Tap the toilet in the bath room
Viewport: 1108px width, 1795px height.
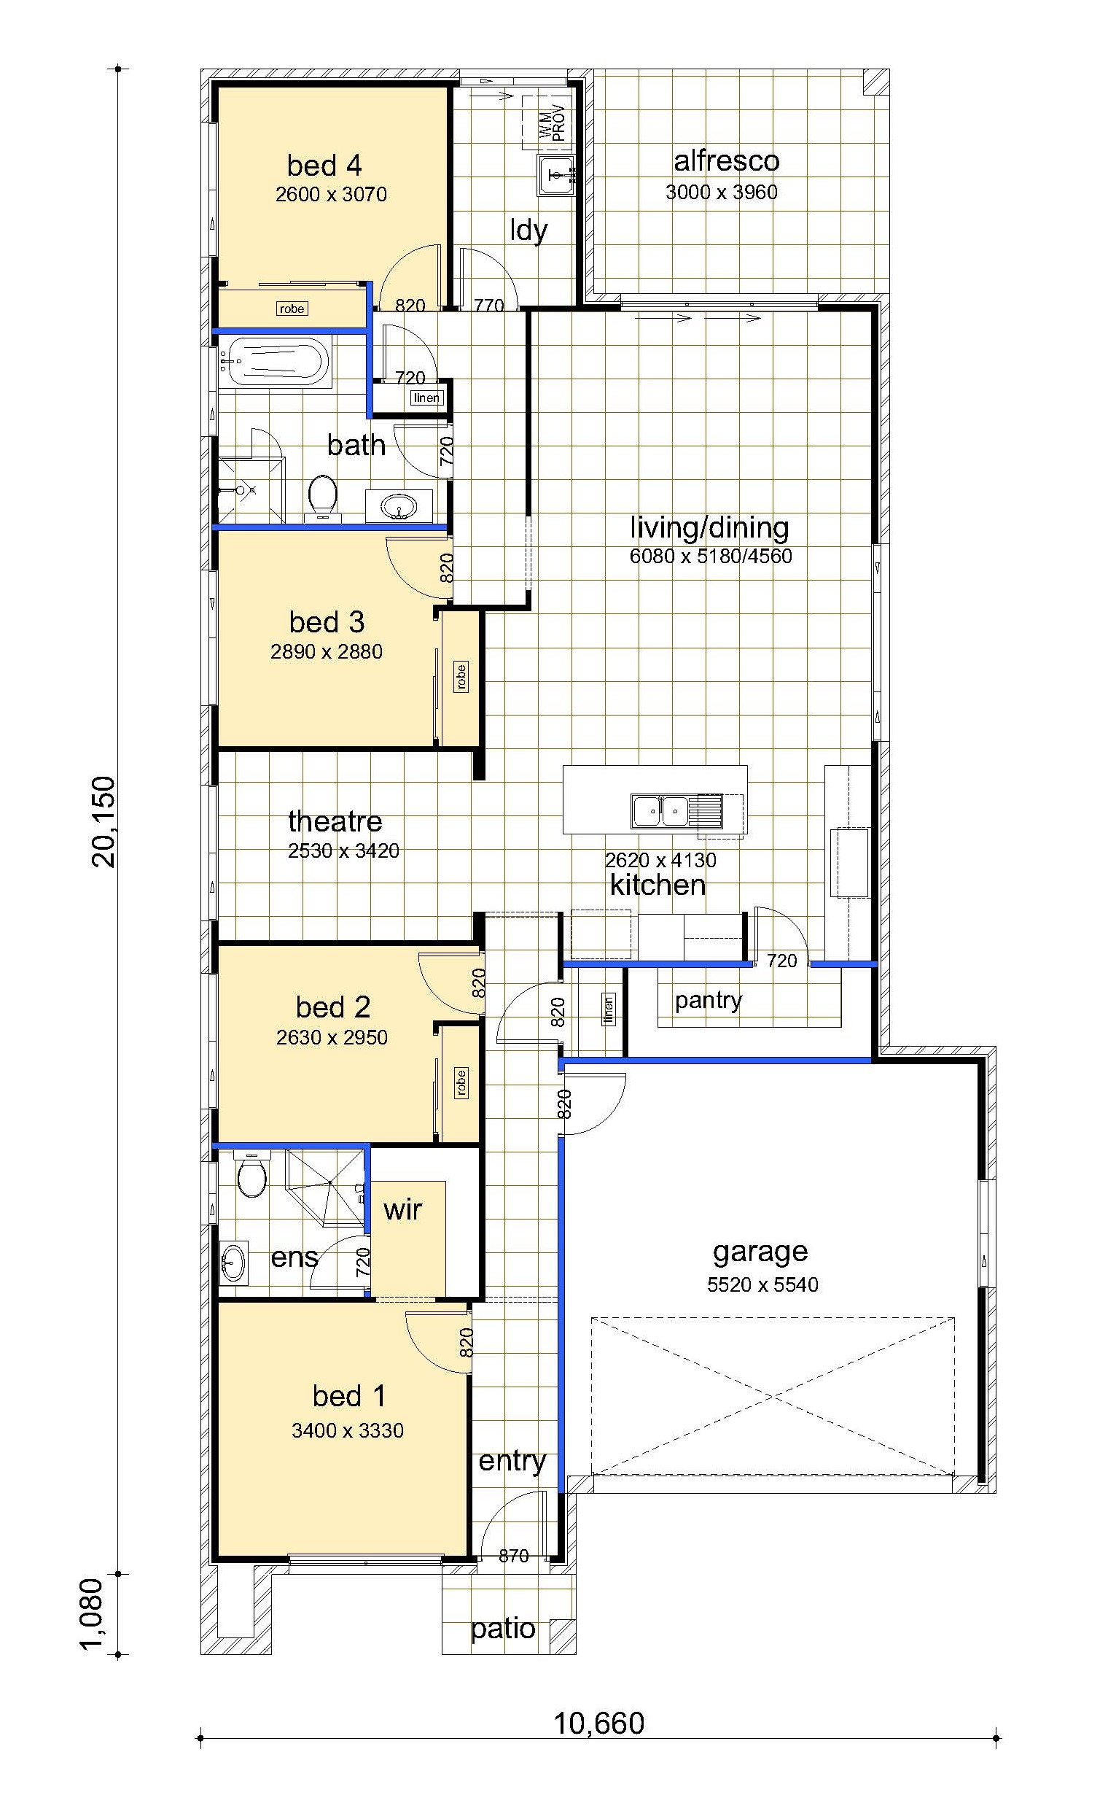point(322,497)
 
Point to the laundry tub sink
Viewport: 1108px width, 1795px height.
point(556,175)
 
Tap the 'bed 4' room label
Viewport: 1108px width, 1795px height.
point(324,166)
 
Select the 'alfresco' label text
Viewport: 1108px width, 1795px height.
point(726,160)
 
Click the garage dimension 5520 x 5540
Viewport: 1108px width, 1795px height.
point(762,1284)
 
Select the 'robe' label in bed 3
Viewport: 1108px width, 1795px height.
point(461,677)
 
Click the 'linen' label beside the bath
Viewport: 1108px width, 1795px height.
point(426,398)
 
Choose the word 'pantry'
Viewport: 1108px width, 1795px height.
point(709,1001)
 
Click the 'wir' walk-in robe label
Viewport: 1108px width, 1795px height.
point(403,1209)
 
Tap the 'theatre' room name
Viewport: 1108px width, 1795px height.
point(335,821)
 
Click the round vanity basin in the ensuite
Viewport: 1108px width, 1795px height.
point(233,1263)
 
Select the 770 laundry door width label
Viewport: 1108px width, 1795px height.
point(489,305)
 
